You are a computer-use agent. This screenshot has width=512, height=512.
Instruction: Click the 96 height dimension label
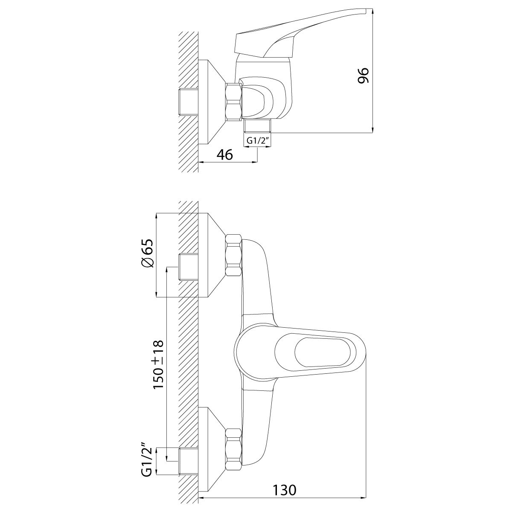click(x=363, y=76)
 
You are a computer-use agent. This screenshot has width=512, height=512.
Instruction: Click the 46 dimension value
click(x=225, y=154)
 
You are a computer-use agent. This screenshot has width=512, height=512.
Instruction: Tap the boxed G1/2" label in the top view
click(x=257, y=140)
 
